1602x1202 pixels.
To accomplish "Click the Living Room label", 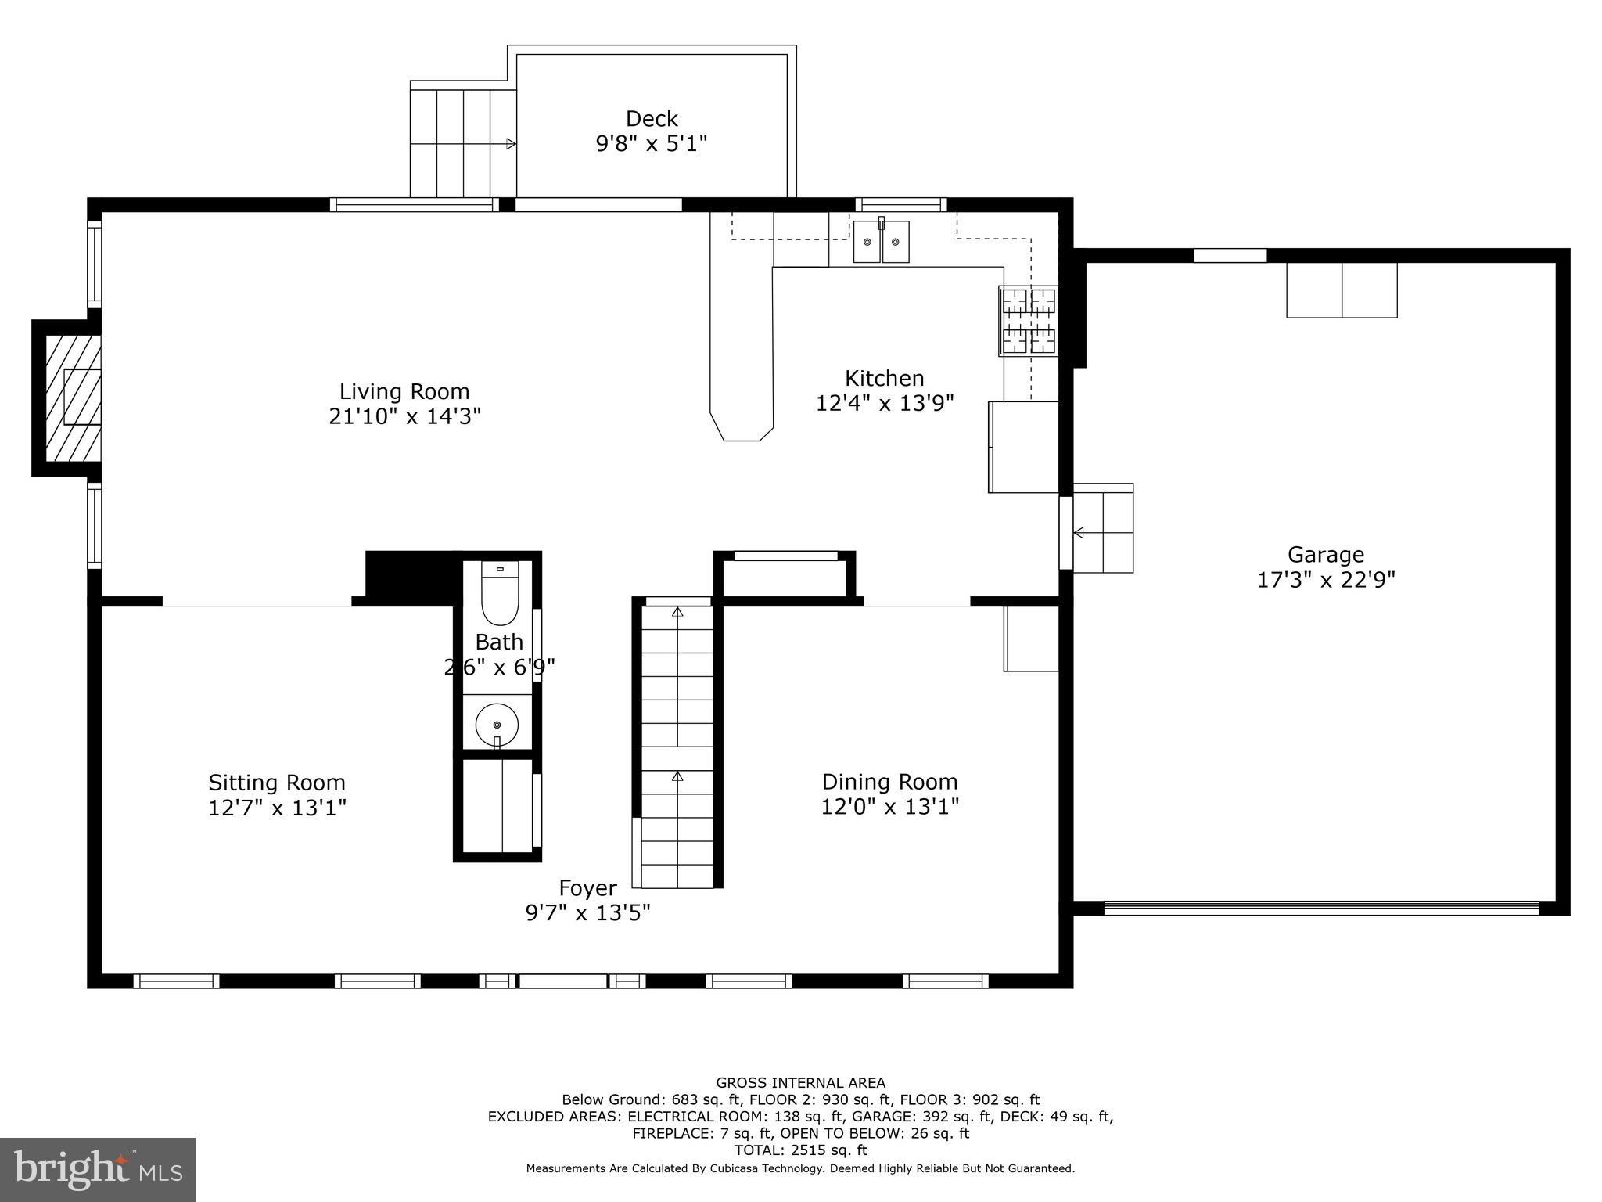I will tap(404, 391).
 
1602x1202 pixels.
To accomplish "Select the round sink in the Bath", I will tap(497, 724).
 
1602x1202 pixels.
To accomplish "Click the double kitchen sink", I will tap(881, 242).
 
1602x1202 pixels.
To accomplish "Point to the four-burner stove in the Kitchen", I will tap(1029, 321).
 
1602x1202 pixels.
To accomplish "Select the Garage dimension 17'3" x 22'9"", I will tap(1326, 580).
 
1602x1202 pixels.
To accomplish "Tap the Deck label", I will tap(652, 119).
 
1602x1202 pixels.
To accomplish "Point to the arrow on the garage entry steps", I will tap(1079, 533).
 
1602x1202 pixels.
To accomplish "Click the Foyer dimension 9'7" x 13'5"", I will tap(587, 912).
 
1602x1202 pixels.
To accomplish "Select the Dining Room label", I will tap(889, 782).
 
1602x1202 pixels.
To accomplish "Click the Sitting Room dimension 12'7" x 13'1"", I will tap(277, 808).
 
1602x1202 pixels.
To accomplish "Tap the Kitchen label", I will tap(884, 379).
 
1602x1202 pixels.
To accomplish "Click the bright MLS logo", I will tap(98, 1169).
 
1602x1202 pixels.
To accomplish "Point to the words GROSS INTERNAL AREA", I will tap(800, 1083).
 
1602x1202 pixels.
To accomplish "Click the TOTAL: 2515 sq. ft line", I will tap(800, 1150).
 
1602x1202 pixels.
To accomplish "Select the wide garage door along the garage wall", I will tap(1320, 908).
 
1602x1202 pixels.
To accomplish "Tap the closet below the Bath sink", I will tap(497, 806).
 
